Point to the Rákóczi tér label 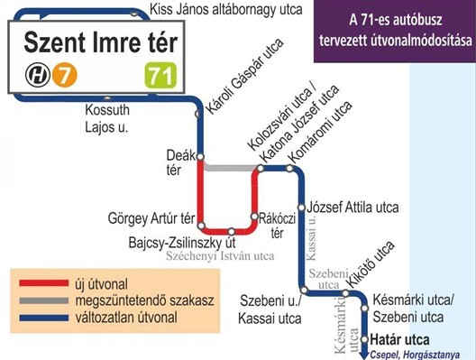click(x=270, y=226)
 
